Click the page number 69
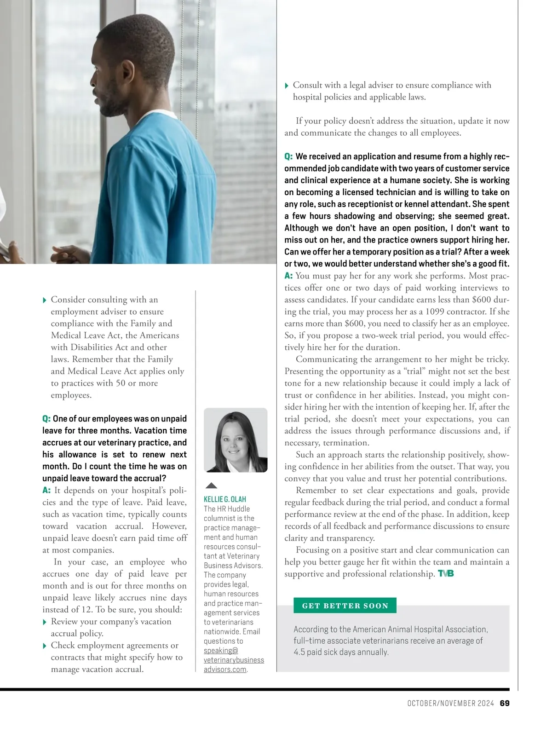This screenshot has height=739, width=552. (505, 703)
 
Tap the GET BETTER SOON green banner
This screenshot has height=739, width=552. (345, 606)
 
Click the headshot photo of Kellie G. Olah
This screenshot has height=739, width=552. (236, 440)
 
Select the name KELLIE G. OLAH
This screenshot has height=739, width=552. (225, 499)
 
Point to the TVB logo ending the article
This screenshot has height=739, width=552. (446, 574)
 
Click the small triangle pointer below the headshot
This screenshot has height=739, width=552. (211, 485)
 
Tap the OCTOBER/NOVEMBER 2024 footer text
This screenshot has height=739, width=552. (450, 703)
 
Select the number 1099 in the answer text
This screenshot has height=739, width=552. (435, 312)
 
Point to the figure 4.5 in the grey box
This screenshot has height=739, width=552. (299, 652)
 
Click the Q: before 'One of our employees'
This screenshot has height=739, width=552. (46, 419)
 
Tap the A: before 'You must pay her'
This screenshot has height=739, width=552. (288, 276)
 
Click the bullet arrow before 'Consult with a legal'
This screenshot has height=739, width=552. (287, 86)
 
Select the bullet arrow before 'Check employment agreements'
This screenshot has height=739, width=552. (45, 646)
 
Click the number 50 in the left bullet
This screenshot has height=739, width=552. (120, 383)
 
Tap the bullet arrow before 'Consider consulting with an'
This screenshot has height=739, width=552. (45, 300)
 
